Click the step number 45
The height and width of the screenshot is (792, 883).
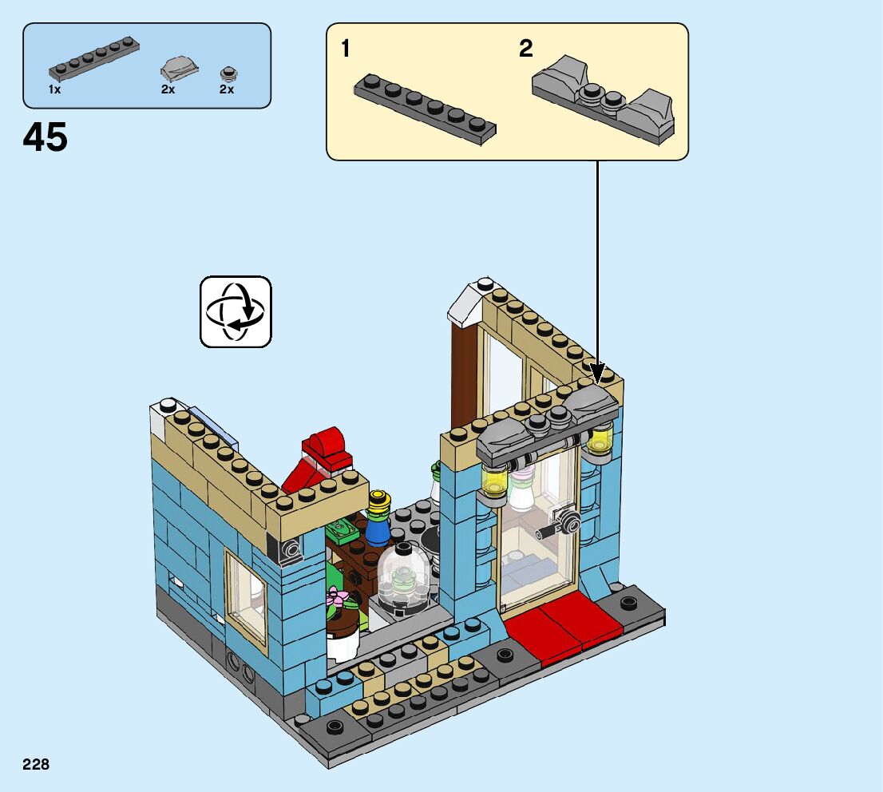pyautogui.click(x=45, y=137)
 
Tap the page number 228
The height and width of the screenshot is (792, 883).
pyautogui.click(x=36, y=764)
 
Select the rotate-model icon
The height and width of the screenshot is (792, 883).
pyautogui.click(x=236, y=311)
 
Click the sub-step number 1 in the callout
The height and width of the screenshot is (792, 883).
pyautogui.click(x=346, y=49)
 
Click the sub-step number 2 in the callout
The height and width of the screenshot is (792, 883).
pyautogui.click(x=526, y=49)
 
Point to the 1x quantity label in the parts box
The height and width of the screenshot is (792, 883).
pyautogui.click(x=54, y=89)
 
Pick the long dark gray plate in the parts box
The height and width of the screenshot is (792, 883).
pyautogui.click(x=94, y=59)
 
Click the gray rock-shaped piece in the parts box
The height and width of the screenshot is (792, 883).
pyautogui.click(x=179, y=69)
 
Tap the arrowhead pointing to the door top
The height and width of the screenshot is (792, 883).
pyautogui.click(x=597, y=373)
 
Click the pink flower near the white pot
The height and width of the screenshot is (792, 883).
pyautogui.click(x=337, y=596)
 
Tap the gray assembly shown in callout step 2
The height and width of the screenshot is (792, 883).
pyautogui.click(x=603, y=101)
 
